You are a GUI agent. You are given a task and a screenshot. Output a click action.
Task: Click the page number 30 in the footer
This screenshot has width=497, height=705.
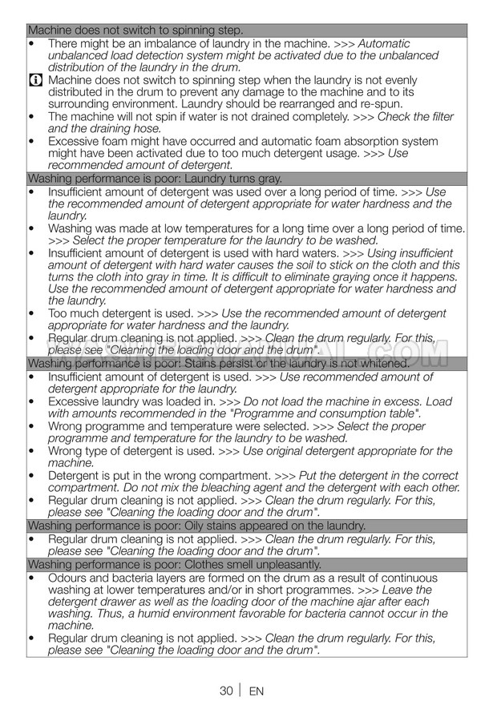click(x=226, y=691)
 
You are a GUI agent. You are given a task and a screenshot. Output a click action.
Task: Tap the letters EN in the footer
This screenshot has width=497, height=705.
click(x=257, y=691)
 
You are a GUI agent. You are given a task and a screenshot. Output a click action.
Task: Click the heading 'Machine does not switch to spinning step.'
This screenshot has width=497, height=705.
click(x=135, y=30)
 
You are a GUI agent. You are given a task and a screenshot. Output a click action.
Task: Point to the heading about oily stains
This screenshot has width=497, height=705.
click(x=196, y=526)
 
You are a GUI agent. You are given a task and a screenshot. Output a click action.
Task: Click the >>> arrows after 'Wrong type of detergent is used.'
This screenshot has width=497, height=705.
click(x=228, y=451)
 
